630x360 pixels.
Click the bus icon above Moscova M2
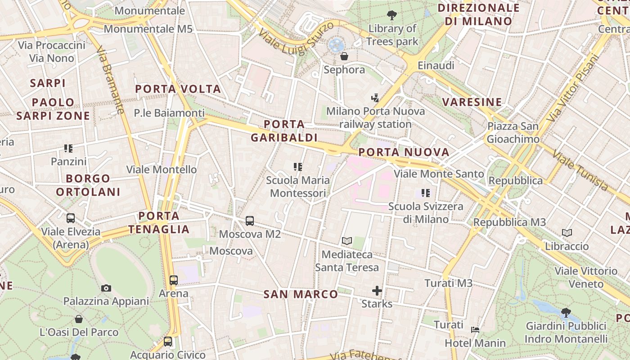[250, 221]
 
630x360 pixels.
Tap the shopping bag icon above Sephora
[344, 56]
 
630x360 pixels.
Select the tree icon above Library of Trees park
[392, 15]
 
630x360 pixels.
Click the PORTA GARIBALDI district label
[284, 131]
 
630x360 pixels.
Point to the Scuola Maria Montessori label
[297, 187]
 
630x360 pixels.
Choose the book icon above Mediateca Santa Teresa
[346, 241]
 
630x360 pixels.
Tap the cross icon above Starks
[377, 291]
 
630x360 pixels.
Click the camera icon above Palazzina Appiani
[106, 288]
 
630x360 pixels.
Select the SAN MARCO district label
[301, 294]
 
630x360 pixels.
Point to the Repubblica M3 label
[509, 222]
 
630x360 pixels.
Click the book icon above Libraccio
[567, 233]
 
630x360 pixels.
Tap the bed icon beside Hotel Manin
[475, 330]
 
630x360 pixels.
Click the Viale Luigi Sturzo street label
[296, 41]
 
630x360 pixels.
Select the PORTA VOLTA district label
[178, 89]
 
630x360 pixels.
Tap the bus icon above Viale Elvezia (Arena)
[71, 218]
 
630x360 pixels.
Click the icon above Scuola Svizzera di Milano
[426, 193]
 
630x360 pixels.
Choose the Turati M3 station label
[449, 283]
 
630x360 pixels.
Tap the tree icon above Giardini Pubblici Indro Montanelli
[566, 312]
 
